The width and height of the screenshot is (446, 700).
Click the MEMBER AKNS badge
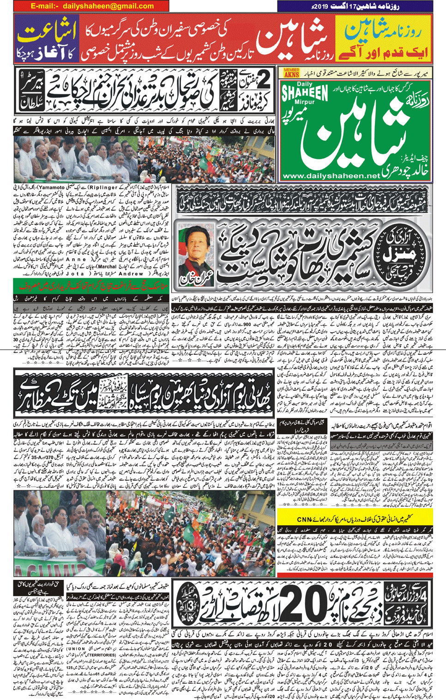(291, 73)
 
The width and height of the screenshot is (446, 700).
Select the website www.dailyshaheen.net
(331, 176)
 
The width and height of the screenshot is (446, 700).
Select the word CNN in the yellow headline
(304, 519)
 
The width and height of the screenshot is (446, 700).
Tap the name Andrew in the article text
(134, 273)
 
